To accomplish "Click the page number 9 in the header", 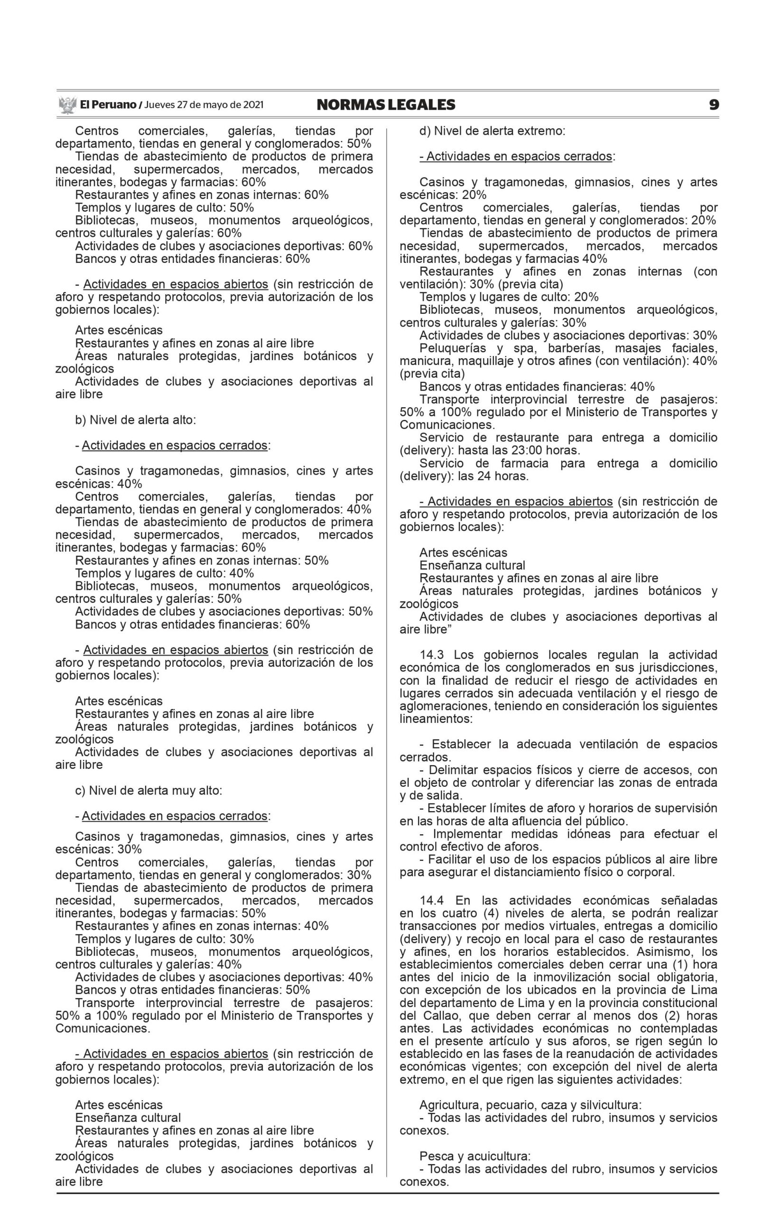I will [x=714, y=105].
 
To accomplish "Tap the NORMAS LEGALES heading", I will [x=386, y=105].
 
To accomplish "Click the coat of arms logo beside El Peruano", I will [x=67, y=105].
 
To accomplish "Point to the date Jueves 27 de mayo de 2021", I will [x=204, y=105].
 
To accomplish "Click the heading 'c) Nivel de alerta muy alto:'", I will [x=148, y=790].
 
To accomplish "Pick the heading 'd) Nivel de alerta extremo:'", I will [x=493, y=131].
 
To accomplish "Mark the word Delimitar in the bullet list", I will [x=451, y=770].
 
